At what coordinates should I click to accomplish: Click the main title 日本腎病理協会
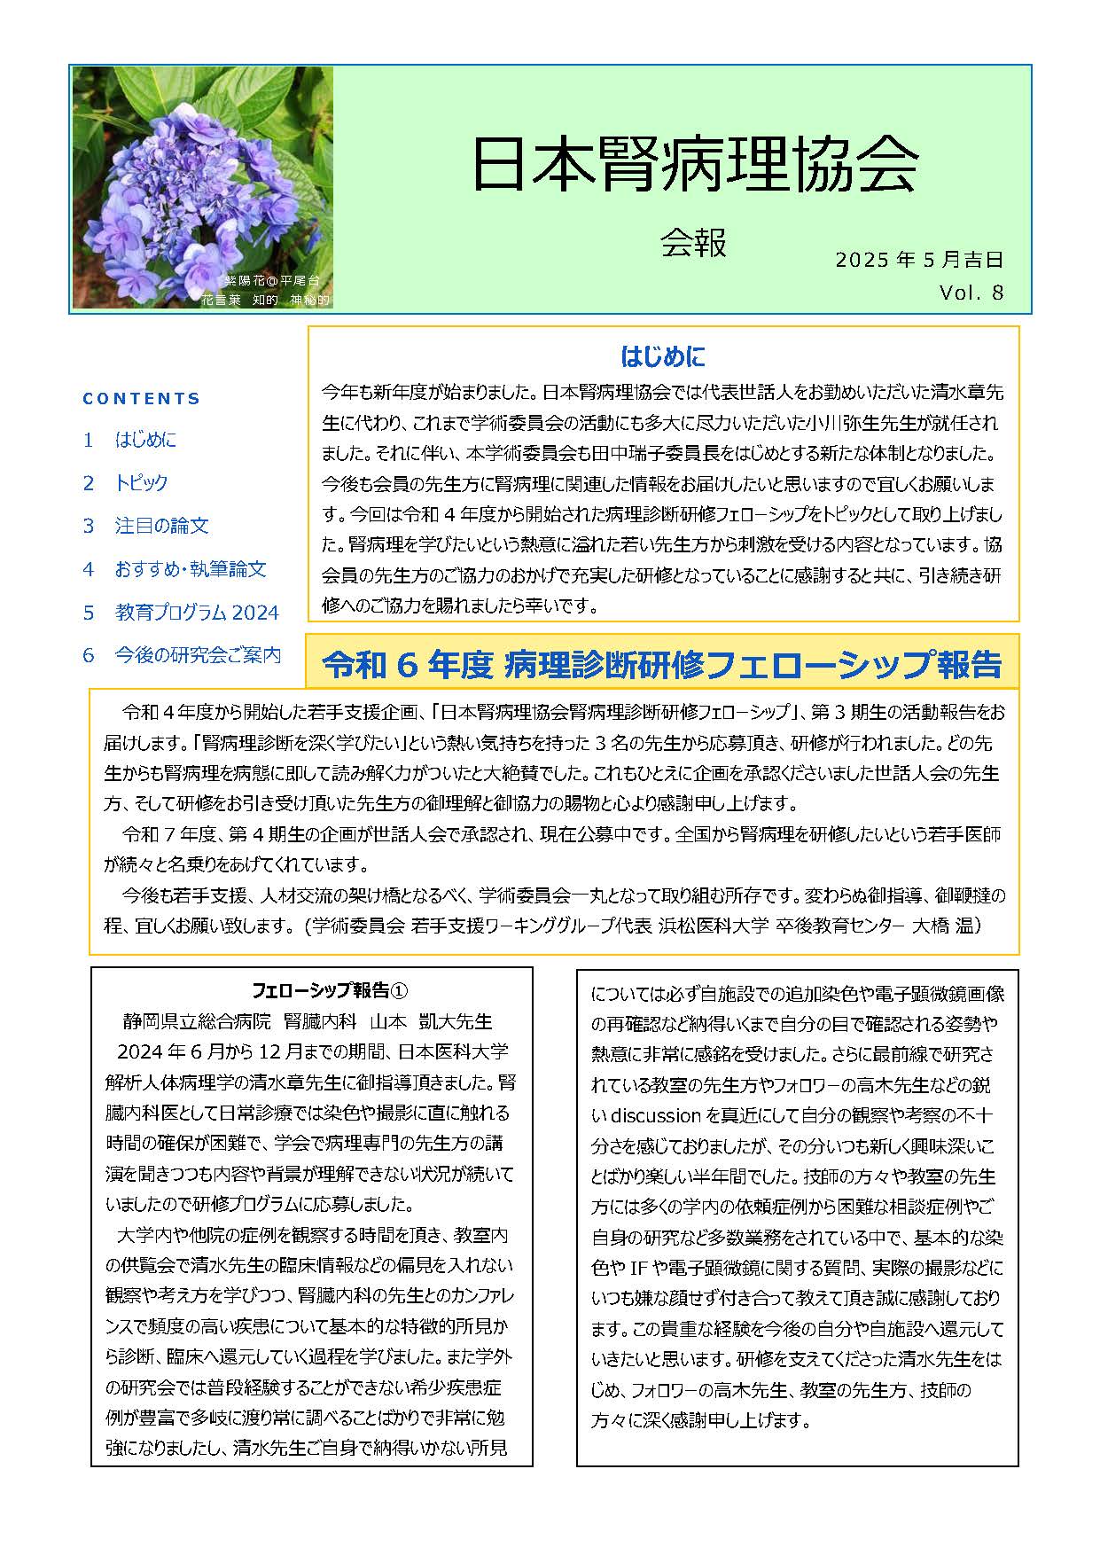click(694, 165)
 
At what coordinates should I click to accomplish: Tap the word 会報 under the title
click(693, 242)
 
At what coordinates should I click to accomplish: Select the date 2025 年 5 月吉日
click(918, 260)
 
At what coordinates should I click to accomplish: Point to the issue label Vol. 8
click(971, 293)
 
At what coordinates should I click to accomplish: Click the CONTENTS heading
click(142, 399)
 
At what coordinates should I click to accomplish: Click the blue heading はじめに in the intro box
click(663, 357)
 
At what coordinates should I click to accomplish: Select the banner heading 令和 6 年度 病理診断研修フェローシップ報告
click(661, 664)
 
